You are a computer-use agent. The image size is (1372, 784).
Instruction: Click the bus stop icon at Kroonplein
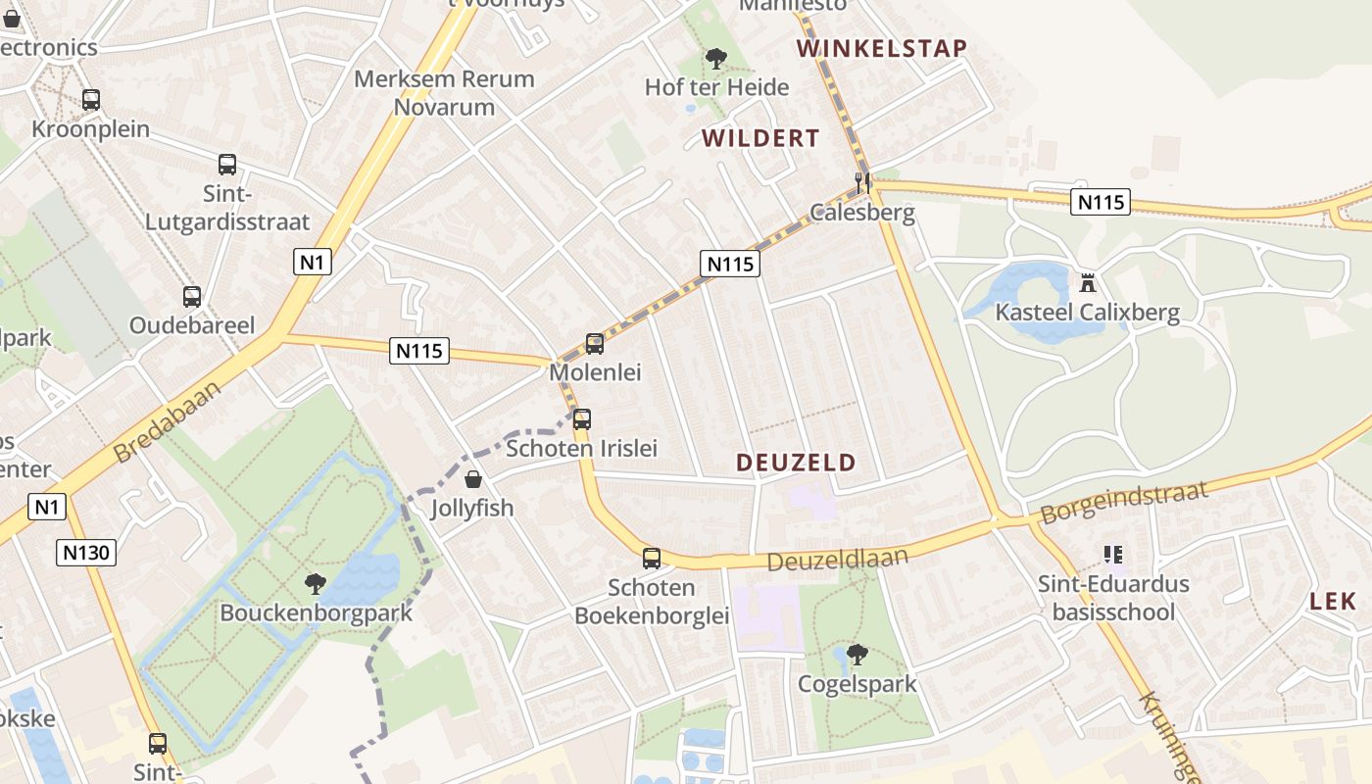pyautogui.click(x=91, y=99)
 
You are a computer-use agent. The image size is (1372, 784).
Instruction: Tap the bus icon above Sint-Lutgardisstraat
pyautogui.click(x=227, y=165)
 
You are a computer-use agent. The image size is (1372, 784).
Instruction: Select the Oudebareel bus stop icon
pyautogui.click(x=192, y=296)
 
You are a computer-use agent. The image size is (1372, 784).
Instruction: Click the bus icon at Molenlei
pyautogui.click(x=595, y=343)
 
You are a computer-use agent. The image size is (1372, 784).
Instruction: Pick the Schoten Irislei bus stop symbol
pyautogui.click(x=582, y=419)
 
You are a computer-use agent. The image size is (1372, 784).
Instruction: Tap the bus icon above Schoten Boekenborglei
pyautogui.click(x=652, y=559)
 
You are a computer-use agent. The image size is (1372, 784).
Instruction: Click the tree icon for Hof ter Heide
pyautogui.click(x=716, y=59)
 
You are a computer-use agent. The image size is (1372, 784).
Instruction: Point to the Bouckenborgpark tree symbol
pyautogui.click(x=316, y=584)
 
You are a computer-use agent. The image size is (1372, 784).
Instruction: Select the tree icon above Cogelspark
pyautogui.click(x=857, y=654)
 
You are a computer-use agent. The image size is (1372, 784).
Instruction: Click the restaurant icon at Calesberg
pyautogui.click(x=862, y=182)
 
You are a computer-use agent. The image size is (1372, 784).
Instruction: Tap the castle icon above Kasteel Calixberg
pyautogui.click(x=1087, y=283)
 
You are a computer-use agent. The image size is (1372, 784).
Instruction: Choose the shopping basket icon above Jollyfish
pyautogui.click(x=473, y=479)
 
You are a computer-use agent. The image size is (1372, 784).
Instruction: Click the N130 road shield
pyautogui.click(x=87, y=553)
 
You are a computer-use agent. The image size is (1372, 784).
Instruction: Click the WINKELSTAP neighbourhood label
pyautogui.click(x=881, y=48)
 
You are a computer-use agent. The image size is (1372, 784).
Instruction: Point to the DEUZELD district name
pyautogui.click(x=796, y=463)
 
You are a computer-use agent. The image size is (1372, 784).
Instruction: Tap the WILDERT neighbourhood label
pyautogui.click(x=760, y=138)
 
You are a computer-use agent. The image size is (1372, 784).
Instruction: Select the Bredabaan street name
pyautogui.click(x=167, y=421)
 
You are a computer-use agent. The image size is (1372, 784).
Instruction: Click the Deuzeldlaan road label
pyautogui.click(x=838, y=560)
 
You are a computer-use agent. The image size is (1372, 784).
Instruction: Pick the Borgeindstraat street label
pyautogui.click(x=1124, y=502)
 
